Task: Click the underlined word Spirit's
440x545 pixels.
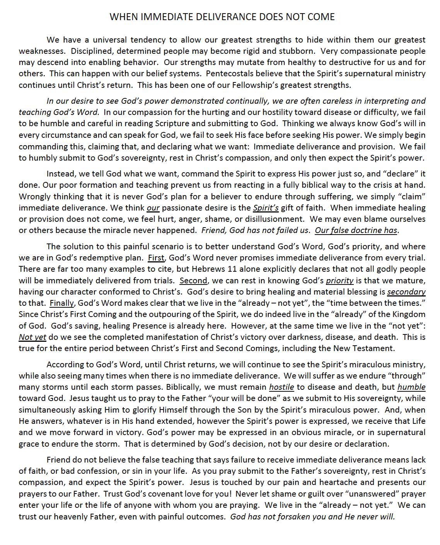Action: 266,208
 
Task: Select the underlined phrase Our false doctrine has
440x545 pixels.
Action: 356,230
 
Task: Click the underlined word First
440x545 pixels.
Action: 156,258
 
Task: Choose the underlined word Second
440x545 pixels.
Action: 193,280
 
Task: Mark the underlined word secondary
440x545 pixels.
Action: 406,292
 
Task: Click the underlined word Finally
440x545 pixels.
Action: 61,303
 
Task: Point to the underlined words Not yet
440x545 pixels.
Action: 32,337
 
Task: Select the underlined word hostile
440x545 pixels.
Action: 281,387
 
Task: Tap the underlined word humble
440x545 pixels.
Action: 411,387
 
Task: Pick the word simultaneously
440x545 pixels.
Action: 50,410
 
